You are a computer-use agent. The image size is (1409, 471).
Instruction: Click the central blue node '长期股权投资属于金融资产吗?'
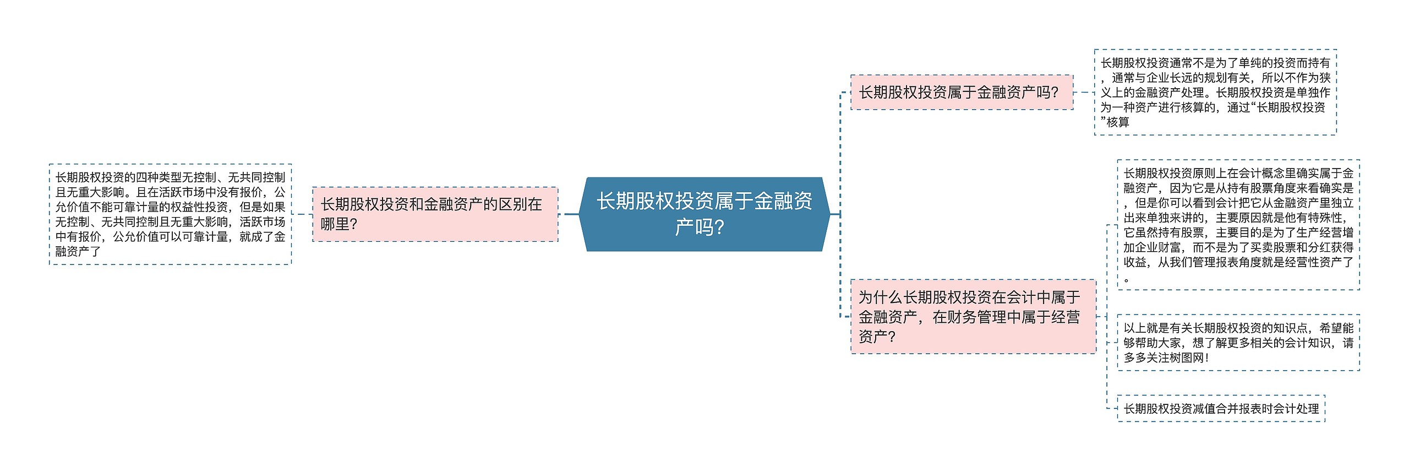pos(704,214)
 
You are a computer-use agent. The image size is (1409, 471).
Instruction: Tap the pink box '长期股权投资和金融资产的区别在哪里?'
pos(435,214)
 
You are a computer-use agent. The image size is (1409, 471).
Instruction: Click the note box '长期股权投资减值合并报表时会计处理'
pos(1221,408)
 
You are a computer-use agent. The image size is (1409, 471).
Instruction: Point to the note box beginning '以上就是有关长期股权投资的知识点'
pos(1238,342)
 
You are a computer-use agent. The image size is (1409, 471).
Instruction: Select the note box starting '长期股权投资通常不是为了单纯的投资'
pos(1215,92)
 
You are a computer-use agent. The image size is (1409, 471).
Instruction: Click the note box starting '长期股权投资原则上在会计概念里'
pos(1238,225)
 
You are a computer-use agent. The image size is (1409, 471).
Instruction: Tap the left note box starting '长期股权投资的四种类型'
pos(170,214)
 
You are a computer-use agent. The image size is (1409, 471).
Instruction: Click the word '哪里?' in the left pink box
pos(339,224)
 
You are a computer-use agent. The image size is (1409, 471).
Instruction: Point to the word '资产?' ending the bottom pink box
pos(877,337)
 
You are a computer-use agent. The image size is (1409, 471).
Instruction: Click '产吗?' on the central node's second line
pos(700,227)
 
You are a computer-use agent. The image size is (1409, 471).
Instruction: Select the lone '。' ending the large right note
pos(1127,279)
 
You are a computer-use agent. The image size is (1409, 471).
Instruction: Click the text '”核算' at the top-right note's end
pos(1115,122)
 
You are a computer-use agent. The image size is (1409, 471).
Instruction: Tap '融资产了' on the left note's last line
pos(78,251)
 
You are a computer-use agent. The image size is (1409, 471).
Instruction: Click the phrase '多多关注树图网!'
pos(1166,357)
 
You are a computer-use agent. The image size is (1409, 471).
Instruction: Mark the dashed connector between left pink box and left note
pos(302,214)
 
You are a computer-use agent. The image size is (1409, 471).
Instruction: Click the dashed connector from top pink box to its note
pos(1083,92)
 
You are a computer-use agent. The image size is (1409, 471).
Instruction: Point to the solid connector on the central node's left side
pos(571,214)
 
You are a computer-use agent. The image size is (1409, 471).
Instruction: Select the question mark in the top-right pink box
pos(1055,93)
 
